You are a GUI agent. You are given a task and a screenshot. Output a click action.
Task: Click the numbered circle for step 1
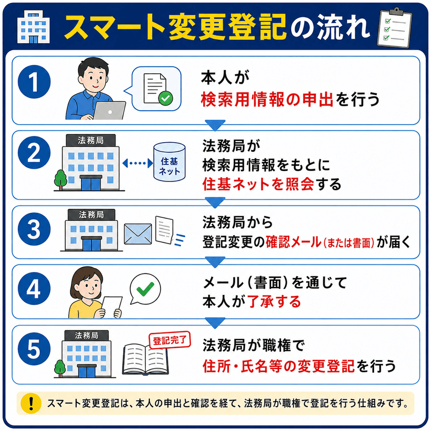tap(34, 81)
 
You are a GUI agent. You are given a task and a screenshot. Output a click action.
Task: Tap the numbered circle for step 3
tap(34, 229)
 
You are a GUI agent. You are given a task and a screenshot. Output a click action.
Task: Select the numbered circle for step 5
tap(34, 349)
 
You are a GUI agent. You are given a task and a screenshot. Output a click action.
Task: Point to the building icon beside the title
tap(33, 27)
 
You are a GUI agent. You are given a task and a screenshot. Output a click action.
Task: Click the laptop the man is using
tap(109, 111)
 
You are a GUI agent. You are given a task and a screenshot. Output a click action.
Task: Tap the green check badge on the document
tap(166, 98)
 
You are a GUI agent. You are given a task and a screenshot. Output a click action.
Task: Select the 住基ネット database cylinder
tap(170, 162)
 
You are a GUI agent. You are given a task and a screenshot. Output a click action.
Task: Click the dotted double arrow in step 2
tap(137, 163)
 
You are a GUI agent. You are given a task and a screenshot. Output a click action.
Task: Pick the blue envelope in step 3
tap(138, 234)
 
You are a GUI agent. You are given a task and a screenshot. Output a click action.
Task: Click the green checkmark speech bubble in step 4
tap(145, 289)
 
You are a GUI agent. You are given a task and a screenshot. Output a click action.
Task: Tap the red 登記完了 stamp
tap(170, 340)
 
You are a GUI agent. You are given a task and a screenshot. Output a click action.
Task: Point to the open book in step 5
tap(145, 360)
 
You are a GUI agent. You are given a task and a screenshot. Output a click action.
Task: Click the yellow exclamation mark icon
tap(31, 403)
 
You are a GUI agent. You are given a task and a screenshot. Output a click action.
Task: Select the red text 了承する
tap(274, 302)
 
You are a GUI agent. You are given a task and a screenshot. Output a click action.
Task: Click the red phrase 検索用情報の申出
tap(267, 99)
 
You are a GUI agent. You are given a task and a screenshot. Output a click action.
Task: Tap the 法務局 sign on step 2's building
tap(91, 140)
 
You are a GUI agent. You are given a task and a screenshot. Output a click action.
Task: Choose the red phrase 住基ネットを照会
tap(259, 184)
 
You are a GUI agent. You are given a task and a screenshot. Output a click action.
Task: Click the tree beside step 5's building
tap(60, 368)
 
